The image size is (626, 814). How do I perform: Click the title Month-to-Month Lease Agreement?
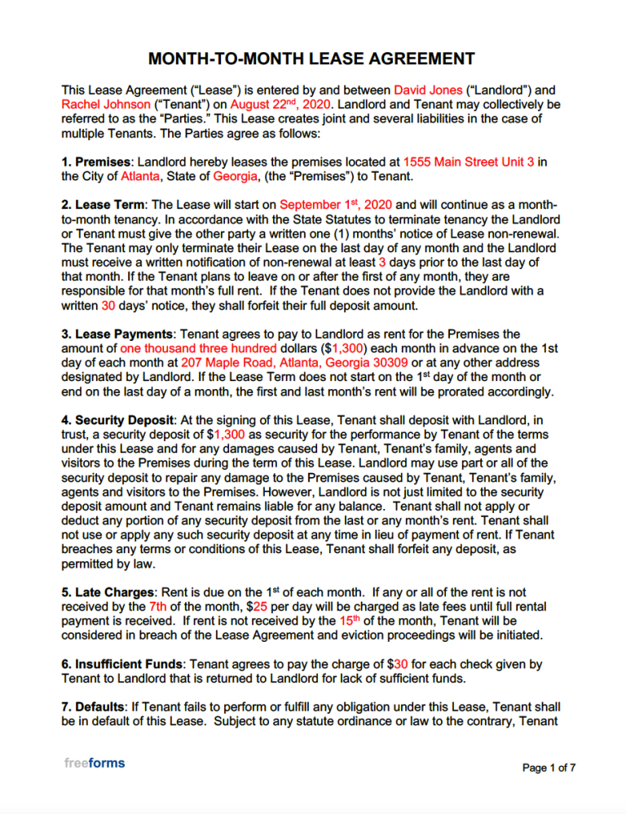click(x=312, y=59)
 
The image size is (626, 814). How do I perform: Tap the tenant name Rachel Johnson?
click(x=106, y=104)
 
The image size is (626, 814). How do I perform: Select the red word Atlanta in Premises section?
click(x=140, y=175)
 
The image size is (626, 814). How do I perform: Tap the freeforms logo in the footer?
click(x=95, y=763)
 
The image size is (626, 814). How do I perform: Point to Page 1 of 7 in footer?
click(x=549, y=768)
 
